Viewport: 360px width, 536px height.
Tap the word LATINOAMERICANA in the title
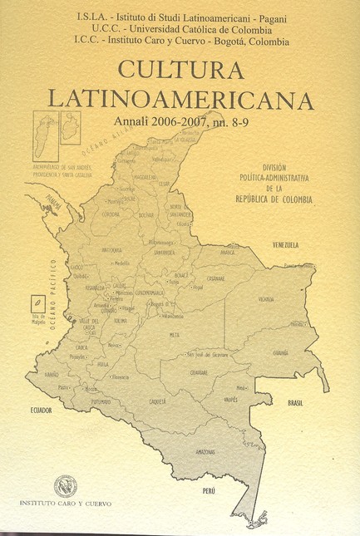(x=180, y=99)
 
